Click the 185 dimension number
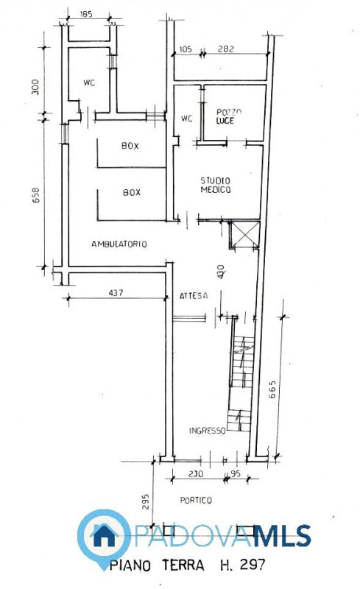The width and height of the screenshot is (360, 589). click(x=86, y=15)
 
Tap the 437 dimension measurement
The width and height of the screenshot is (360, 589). click(x=115, y=292)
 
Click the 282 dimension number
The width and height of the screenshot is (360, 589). click(x=226, y=49)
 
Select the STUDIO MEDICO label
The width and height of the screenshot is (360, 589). click(x=216, y=185)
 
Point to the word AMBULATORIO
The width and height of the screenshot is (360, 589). click(x=119, y=244)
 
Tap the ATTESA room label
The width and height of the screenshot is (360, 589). click(x=193, y=295)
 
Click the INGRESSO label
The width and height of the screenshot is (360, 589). click(x=207, y=431)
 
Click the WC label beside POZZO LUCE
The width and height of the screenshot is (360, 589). click(x=186, y=118)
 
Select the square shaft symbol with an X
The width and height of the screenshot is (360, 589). click(x=244, y=235)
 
